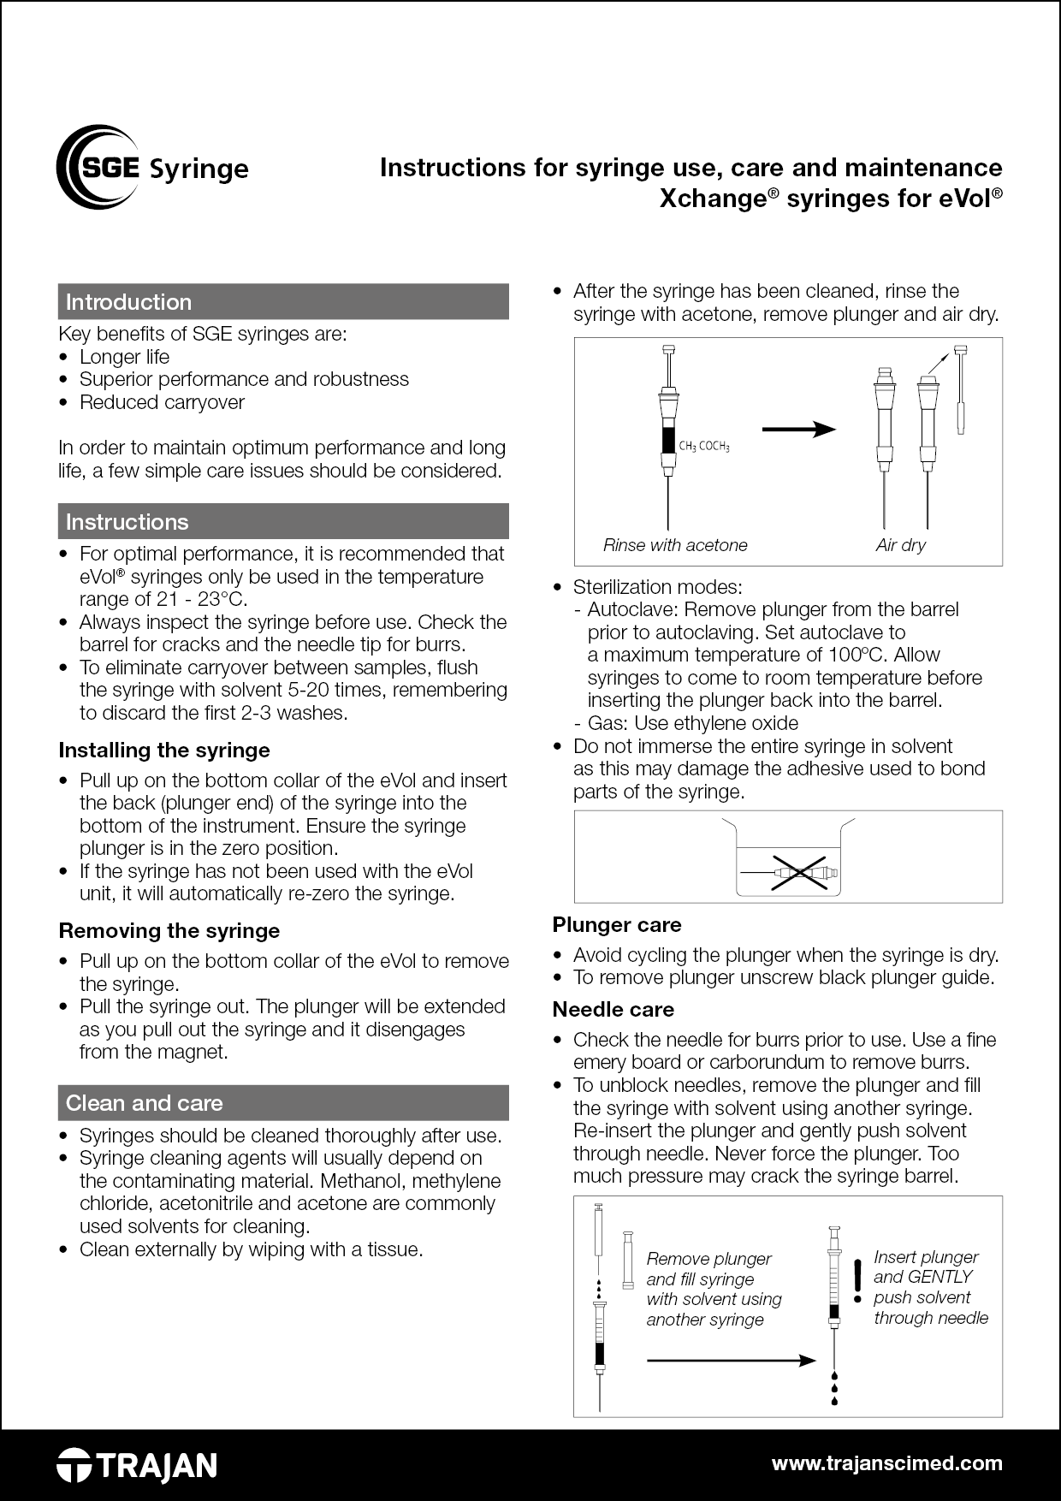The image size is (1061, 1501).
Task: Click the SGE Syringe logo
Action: pos(152,167)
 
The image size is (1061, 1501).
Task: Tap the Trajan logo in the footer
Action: pos(137,1466)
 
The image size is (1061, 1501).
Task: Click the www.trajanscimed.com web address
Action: pos(886,1463)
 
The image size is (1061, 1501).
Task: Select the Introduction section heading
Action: pos(129,302)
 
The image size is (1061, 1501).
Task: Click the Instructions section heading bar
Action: pos(282,522)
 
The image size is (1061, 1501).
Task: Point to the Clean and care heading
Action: pos(145,1103)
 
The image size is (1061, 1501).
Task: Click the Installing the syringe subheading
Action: pos(164,750)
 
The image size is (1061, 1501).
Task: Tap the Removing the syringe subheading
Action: pos(169,931)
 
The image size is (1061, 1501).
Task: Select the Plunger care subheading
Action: pos(617,925)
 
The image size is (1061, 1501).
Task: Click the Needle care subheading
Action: pos(613,1010)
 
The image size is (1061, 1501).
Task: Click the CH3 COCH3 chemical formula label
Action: pos(704,447)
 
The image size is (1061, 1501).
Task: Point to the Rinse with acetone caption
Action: pos(675,545)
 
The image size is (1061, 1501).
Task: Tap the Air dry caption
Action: pos(900,545)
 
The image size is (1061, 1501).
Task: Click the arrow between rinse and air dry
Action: pos(798,429)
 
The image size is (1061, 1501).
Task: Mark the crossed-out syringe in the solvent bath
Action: pos(799,872)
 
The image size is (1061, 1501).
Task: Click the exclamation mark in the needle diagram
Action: pos(857,1280)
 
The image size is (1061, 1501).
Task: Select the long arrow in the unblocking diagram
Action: pos(732,1360)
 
